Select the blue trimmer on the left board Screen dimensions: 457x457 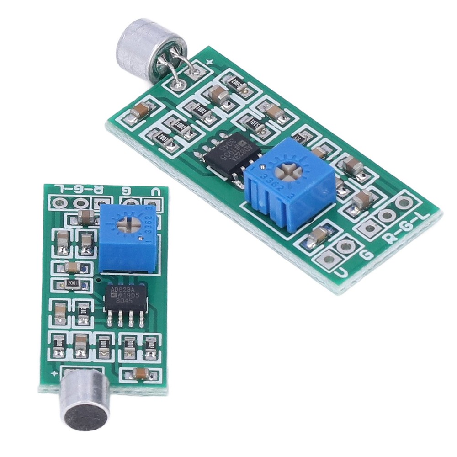coord(128,237)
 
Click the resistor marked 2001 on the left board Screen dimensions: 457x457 coord(73,284)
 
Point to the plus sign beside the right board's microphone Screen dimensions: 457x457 coord(210,61)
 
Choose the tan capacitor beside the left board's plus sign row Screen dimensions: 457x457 coord(139,374)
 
